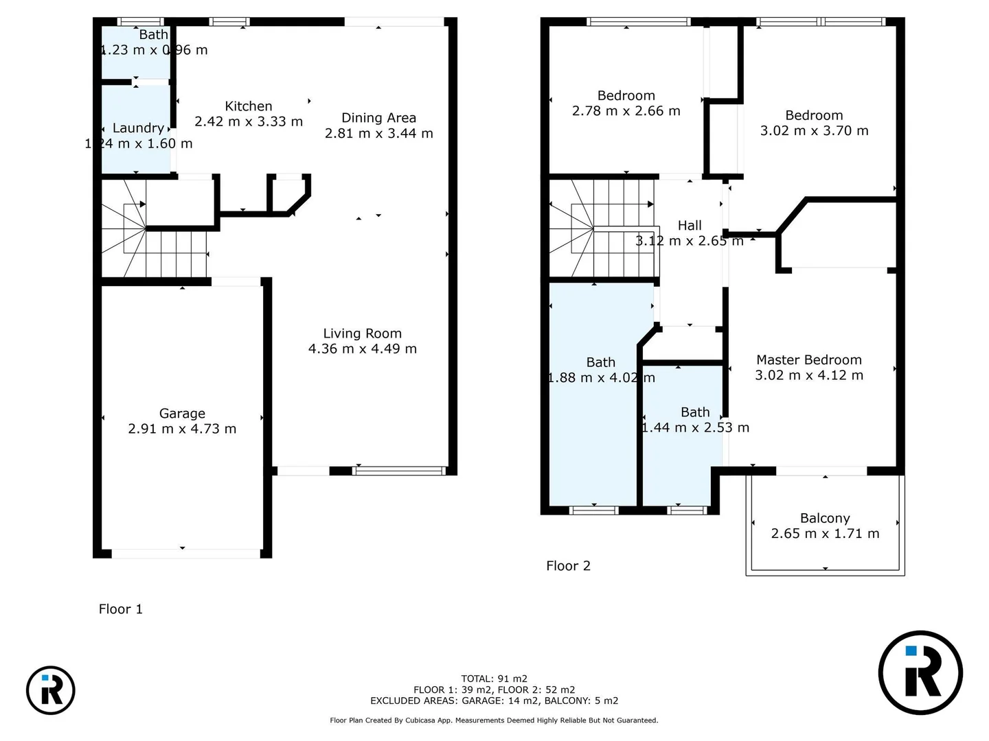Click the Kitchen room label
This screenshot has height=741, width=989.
point(249,106)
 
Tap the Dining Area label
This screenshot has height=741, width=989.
point(378,118)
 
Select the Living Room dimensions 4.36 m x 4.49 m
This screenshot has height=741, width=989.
point(362,349)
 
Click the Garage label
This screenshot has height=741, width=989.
point(182,413)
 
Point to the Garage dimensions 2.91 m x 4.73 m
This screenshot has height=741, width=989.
point(182,429)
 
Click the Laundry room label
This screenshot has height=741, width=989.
point(138,128)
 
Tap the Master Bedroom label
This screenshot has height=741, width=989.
point(808,360)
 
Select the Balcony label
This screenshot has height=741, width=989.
point(825,518)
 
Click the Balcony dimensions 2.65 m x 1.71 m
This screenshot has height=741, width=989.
point(825,534)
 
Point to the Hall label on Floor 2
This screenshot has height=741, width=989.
point(690,226)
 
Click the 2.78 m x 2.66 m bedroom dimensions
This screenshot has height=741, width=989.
point(626,110)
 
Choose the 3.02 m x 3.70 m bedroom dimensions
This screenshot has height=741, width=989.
point(814,130)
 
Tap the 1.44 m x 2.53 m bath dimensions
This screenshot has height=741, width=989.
point(695,427)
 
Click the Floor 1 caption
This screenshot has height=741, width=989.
point(121,609)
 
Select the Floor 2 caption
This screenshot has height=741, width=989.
point(568,565)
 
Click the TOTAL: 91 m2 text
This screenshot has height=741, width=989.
point(494,679)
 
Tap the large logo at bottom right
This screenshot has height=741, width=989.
point(920,672)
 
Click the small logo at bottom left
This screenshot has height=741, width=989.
point(51,690)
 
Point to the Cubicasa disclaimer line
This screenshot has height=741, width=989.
point(494,720)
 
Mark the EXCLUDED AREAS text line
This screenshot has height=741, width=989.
point(494,701)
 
